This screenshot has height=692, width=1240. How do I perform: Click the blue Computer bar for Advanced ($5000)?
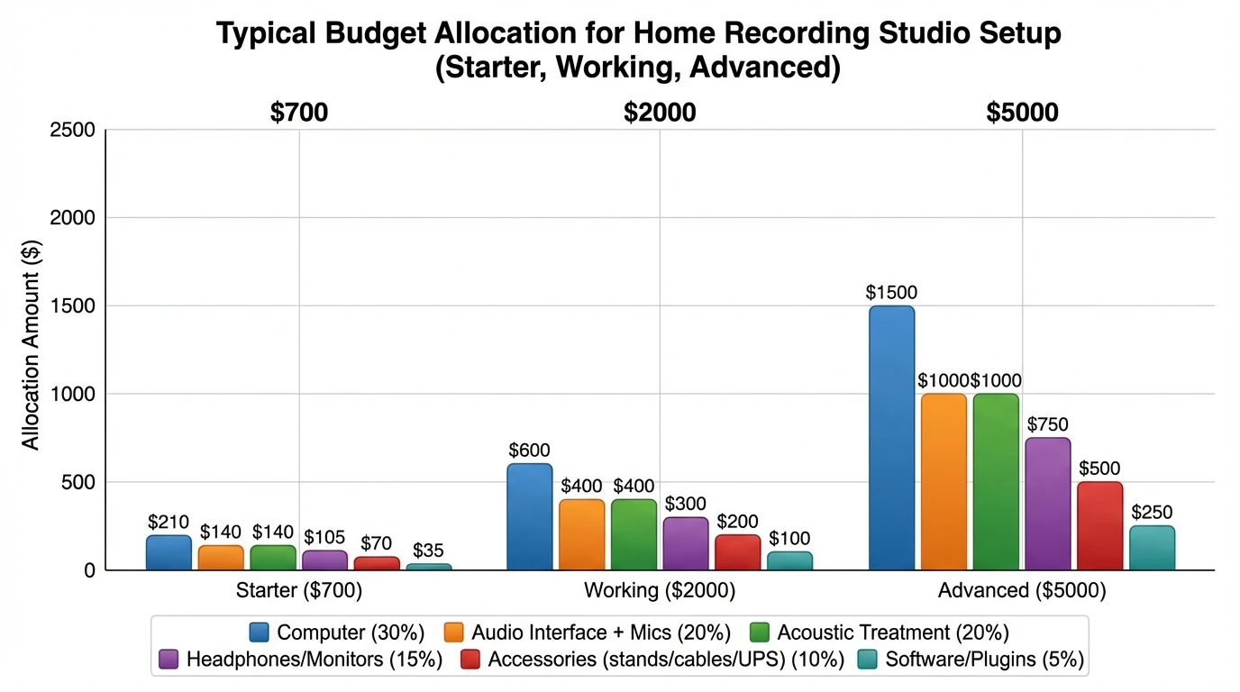point(891,438)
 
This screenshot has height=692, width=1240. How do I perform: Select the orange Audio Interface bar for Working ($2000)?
point(581,534)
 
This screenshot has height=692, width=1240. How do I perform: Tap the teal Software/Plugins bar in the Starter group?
point(429,567)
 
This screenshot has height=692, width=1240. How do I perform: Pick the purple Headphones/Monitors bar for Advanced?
point(1047,504)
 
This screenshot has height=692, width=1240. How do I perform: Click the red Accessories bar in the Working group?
point(737,552)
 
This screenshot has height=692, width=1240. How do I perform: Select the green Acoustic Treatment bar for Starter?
point(273,558)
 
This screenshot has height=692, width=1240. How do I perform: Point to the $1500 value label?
point(890,293)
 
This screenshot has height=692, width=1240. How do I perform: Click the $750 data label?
point(1047,424)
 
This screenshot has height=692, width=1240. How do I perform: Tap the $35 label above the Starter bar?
point(430,551)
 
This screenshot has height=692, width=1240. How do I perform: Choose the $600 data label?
point(529,451)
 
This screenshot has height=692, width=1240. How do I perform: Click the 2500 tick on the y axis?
point(75,130)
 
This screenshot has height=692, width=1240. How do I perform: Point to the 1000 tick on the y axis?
point(75,395)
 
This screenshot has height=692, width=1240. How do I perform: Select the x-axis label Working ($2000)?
point(660,591)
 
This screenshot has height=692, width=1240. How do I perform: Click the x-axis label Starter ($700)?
point(299,591)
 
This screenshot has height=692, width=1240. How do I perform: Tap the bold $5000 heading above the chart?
point(1022,113)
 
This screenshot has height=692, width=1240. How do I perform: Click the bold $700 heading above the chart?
point(299,113)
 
